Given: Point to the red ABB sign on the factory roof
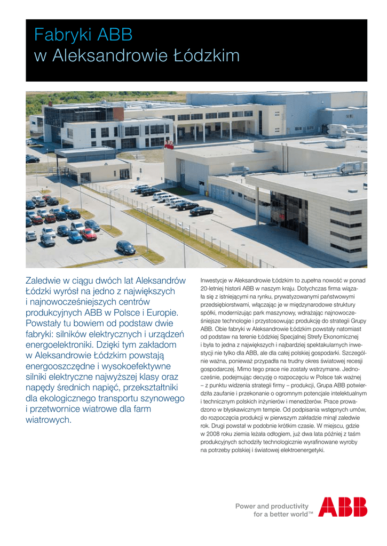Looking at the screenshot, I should tap(169, 143).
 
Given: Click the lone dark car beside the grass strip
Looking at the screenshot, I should tap(125, 247).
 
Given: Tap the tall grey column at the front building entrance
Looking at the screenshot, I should tap(257, 206).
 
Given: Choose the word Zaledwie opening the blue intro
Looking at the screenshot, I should tap(46, 280).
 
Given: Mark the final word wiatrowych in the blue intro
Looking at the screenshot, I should tap(49, 420).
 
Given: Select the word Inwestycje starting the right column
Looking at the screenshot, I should tap(215, 280).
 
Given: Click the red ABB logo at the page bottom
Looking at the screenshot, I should tap(342, 507).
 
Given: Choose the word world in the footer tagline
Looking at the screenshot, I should tap(294, 514).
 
